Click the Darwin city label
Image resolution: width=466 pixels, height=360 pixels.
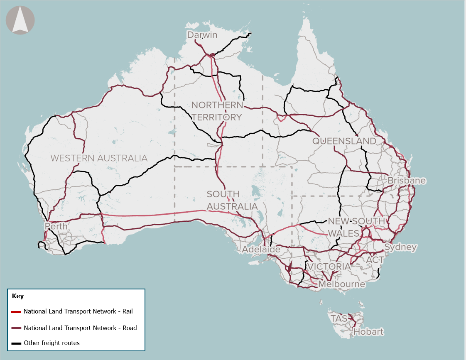(202, 35)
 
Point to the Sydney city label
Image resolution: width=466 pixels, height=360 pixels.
(400, 247)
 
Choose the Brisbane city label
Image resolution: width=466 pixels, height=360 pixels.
(406, 181)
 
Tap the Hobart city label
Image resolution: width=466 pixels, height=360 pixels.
(368, 332)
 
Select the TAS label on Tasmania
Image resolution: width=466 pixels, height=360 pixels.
(338, 318)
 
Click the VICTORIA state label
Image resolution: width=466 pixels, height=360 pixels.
(329, 266)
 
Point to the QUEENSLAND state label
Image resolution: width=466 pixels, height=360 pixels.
(344, 141)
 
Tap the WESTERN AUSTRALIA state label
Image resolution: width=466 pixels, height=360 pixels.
(99, 158)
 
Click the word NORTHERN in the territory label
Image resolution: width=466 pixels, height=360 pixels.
(217, 105)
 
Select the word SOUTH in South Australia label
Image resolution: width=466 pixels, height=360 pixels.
(223, 194)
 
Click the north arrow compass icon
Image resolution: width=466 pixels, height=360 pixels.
(20, 20)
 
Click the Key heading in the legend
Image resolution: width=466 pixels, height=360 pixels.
(18, 296)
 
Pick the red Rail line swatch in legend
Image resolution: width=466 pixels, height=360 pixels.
(16, 311)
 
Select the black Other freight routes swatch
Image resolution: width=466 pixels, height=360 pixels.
(16, 343)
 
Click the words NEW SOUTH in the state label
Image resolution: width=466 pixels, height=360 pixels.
(356, 221)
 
